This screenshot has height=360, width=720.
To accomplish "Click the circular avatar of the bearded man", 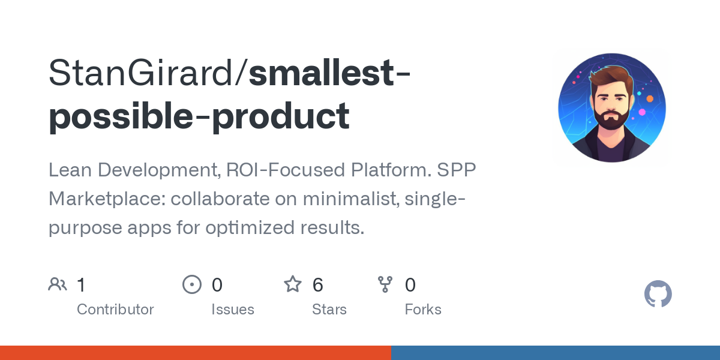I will click(612, 109).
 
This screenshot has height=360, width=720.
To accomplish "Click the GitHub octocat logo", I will click(658, 295).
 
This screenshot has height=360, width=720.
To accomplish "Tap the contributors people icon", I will click(58, 284).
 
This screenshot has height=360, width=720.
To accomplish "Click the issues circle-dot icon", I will click(191, 284).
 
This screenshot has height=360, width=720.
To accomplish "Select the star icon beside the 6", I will click(293, 284).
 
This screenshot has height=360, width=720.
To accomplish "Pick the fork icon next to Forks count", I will click(385, 284).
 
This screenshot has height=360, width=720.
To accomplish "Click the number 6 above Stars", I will click(318, 285).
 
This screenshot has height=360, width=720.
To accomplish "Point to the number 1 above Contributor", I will click(82, 285).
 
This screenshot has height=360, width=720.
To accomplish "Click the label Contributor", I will click(115, 310).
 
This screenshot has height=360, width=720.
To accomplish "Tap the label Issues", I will click(232, 310).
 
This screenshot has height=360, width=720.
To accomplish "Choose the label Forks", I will click(423, 310).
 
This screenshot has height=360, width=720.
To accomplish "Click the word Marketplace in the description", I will click(106, 199).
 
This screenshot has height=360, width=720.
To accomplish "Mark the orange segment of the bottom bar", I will click(195, 353).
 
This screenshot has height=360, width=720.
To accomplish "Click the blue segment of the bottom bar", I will click(555, 353).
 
